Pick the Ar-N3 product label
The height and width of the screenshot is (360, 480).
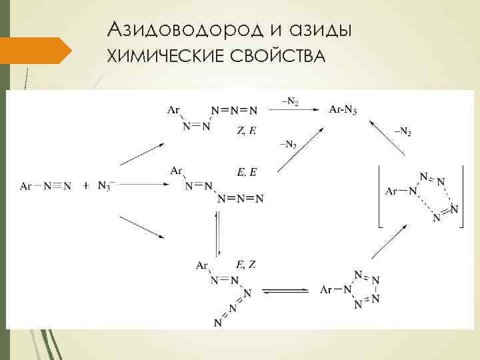coord(343,110)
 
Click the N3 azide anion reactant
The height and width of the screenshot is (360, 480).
coord(106,185)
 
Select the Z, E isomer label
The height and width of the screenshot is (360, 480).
coord(245,131)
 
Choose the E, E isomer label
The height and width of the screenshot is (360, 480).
coord(247,172)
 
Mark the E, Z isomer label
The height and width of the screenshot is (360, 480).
coord(246,265)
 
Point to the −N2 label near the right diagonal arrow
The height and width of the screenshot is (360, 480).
coord(402,132)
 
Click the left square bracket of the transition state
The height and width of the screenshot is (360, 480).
coord(379,196)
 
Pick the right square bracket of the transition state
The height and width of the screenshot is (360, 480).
coord(461,196)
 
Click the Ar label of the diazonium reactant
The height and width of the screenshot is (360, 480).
coord(26,186)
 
